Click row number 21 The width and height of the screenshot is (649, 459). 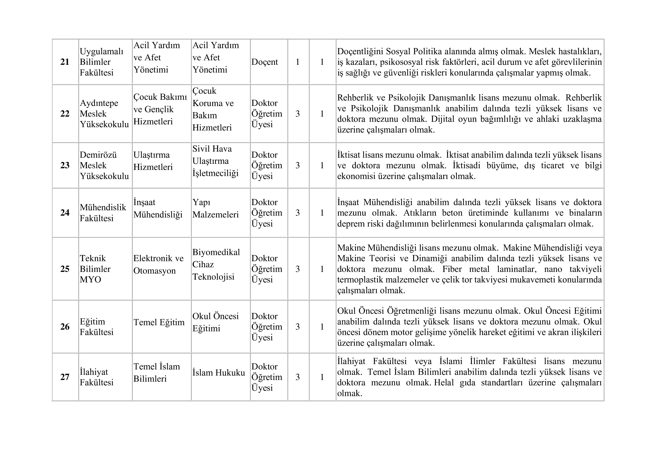pyautogui.click(x=65, y=62)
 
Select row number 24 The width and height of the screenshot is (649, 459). pyautogui.click(x=65, y=213)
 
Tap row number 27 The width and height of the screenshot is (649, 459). pyautogui.click(x=65, y=377)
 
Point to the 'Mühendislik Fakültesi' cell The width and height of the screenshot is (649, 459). pyautogui.click(x=103, y=213)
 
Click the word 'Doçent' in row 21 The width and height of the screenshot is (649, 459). pyautogui.click(x=265, y=62)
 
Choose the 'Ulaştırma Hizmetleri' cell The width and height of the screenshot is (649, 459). pyautogui.click(x=153, y=161)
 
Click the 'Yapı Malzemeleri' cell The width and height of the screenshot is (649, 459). pyautogui.click(x=215, y=208)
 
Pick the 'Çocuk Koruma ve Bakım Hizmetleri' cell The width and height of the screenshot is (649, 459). pyautogui.click(x=213, y=109)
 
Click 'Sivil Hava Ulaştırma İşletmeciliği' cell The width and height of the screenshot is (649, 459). pyautogui.click(x=215, y=161)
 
